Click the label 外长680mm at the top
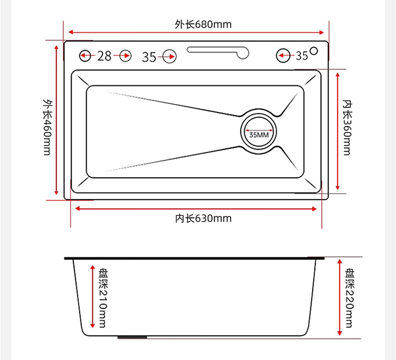tap(196, 24)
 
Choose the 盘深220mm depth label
tap(351, 298)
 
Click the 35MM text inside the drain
tap(259, 135)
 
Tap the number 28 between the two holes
tap(105, 55)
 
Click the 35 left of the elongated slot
tap(149, 56)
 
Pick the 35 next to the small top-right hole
tap(301, 55)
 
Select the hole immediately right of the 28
tap(125, 55)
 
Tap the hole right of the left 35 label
tap(169, 55)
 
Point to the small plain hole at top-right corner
tap(314, 51)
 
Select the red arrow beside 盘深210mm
tap(92, 297)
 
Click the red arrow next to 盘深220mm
tap(340, 297)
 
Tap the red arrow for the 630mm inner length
tap(196, 209)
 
